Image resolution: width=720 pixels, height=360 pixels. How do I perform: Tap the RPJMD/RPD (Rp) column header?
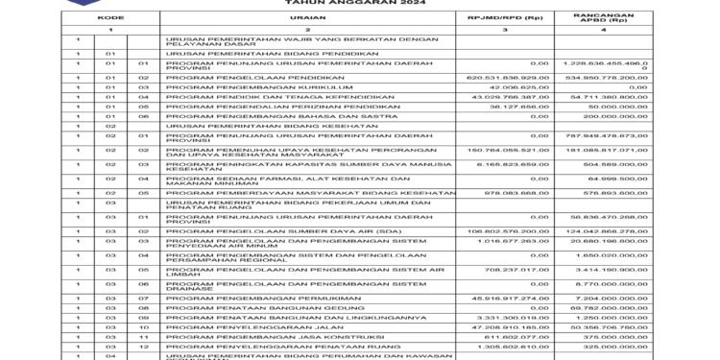pos(500,18)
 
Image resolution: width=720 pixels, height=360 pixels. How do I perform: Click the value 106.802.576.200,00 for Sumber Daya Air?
pos(500,231)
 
